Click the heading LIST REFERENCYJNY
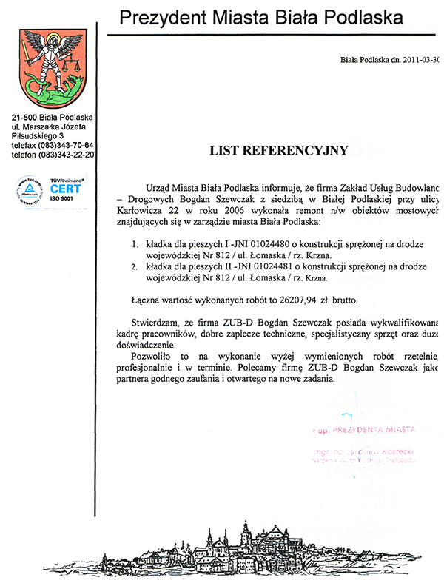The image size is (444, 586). (x=278, y=151)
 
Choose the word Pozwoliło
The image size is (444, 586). (x=155, y=357)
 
